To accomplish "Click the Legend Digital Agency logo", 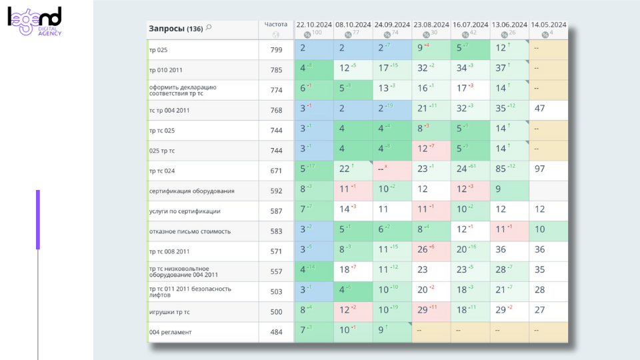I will (x=35, y=21).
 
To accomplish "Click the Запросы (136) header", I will (x=175, y=29).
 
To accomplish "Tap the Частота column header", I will (x=275, y=25).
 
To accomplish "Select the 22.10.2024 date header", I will (x=313, y=25).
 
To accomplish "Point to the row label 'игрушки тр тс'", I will (x=169, y=312).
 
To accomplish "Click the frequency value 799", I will (x=276, y=49).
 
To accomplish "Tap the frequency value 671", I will (x=276, y=171).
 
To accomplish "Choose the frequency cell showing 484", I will (x=276, y=332).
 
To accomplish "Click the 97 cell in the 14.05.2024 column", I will (x=540, y=169).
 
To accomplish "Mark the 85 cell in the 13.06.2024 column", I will (x=501, y=169).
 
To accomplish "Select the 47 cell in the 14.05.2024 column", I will (x=540, y=109).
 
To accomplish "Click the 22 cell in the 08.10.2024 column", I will (x=345, y=169).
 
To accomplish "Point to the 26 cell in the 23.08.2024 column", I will (x=423, y=250).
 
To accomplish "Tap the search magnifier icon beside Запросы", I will (x=209, y=28).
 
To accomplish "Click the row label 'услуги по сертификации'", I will (x=184, y=211).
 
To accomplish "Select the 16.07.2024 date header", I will (x=470, y=25).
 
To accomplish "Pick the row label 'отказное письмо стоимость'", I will (x=189, y=231).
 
